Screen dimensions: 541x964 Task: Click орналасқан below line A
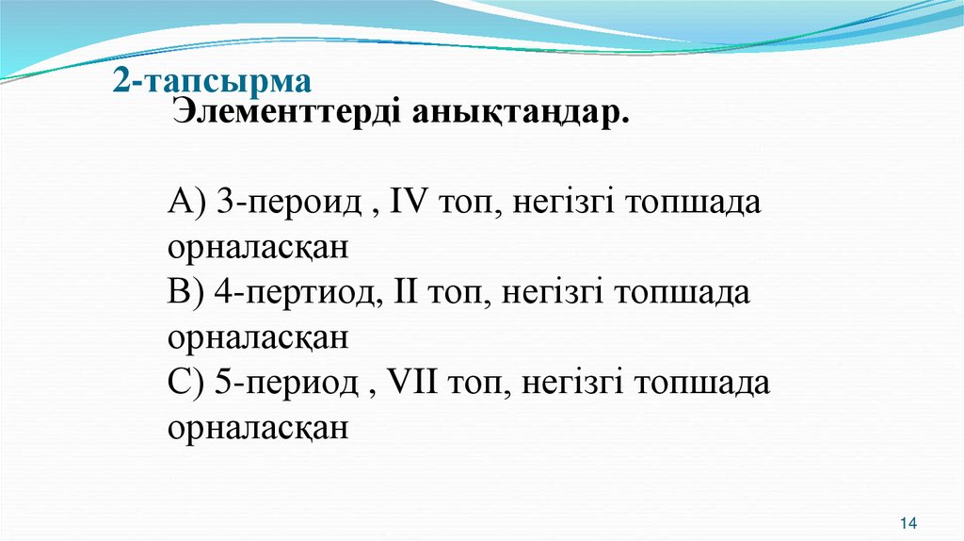(x=259, y=249)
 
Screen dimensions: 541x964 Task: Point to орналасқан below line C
(x=259, y=428)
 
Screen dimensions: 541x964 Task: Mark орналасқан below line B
(x=259, y=338)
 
